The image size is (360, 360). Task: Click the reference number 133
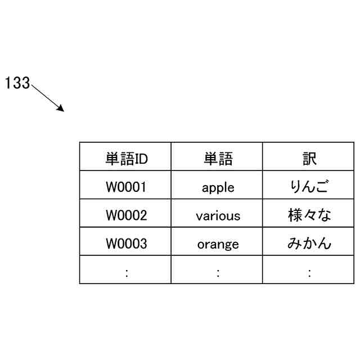17,83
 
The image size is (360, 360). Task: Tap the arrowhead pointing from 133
61,109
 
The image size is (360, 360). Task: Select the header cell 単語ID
126,159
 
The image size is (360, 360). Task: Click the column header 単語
218,159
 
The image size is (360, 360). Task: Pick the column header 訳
309,159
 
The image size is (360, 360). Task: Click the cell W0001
126,187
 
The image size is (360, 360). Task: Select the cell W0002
126,215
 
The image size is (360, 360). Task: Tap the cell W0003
126,244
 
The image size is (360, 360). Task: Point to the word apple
218,188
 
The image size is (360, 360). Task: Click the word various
218,215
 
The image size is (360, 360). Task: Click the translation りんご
309,186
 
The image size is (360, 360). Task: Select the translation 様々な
309,215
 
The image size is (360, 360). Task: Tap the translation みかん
309,243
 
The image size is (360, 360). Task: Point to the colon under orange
218,273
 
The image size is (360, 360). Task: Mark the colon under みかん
310,273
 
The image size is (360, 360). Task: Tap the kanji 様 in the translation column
295,215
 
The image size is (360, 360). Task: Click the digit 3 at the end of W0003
143,244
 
